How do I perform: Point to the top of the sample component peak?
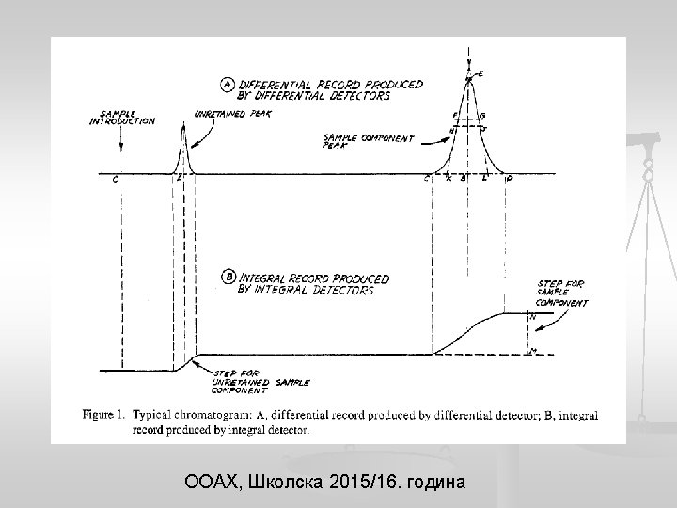pyautogui.click(x=468, y=75)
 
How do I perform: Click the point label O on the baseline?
pyautogui.click(x=115, y=181)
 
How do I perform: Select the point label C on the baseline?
pyautogui.click(x=427, y=180)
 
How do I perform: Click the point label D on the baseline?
pyautogui.click(x=510, y=180)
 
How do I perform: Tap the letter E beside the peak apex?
pyautogui.click(x=480, y=73)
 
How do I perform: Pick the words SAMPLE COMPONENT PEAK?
pyautogui.click(x=367, y=141)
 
